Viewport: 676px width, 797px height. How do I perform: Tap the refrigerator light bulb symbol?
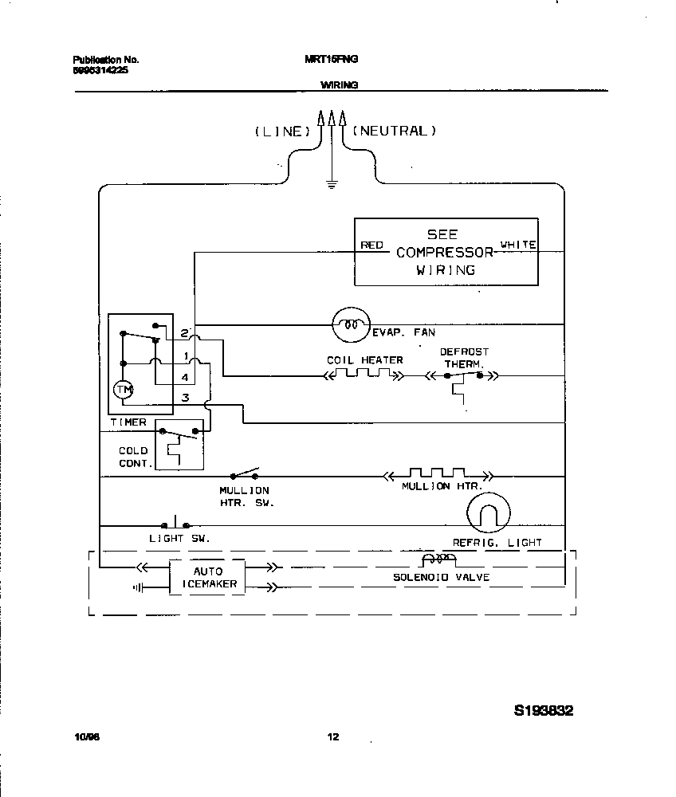[x=487, y=512]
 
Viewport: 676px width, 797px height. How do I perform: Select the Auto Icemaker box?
[x=207, y=577]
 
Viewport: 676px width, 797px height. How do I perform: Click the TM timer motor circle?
[x=123, y=390]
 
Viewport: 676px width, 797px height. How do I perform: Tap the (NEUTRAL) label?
[x=395, y=131]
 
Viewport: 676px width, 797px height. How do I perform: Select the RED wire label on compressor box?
[x=371, y=245]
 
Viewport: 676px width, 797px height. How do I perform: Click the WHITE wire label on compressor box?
[x=517, y=244]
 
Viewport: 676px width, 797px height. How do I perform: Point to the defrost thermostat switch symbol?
[x=464, y=375]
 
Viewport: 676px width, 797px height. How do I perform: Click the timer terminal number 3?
[x=185, y=397]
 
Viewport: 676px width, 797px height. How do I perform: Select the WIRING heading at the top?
[x=339, y=84]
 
